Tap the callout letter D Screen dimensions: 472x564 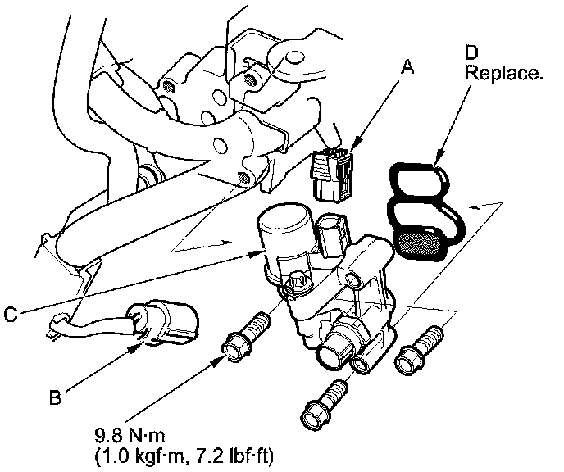click(x=471, y=52)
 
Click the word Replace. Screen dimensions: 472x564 click(x=503, y=73)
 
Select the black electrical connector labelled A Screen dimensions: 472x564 click(x=334, y=172)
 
